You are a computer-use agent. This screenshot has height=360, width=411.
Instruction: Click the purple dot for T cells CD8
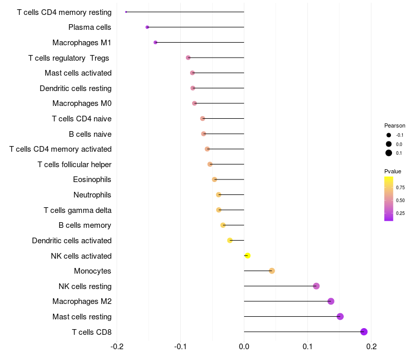364,332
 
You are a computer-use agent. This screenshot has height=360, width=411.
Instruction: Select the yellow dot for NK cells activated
248,256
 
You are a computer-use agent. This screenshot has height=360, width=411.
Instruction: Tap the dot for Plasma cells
147,27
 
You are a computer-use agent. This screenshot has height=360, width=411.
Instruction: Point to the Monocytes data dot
272,271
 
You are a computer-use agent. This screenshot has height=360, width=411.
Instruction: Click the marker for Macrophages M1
156,43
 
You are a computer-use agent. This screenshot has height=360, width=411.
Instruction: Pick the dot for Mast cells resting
340,316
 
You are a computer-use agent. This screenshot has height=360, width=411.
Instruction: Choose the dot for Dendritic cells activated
230,240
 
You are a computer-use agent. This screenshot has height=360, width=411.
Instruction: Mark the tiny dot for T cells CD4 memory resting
126,12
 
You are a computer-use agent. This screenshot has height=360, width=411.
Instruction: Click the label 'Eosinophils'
92,179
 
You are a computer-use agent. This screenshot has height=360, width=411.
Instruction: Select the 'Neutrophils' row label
92,195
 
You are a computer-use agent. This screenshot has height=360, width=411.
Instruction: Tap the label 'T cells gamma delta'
78,210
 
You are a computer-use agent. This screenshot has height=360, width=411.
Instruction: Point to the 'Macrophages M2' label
82,301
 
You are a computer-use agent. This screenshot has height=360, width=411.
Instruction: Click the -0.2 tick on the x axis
117,347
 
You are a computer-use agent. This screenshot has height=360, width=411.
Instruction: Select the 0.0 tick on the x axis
244,347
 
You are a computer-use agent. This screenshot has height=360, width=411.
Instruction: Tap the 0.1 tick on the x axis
308,347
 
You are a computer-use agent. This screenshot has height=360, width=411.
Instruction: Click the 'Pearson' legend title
395,125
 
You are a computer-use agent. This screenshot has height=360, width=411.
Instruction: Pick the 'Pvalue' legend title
393,171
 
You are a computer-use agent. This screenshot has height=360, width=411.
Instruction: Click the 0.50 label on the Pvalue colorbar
400,201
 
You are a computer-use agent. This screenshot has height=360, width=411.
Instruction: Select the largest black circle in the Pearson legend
389,153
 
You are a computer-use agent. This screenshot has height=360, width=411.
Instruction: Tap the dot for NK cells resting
316,286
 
